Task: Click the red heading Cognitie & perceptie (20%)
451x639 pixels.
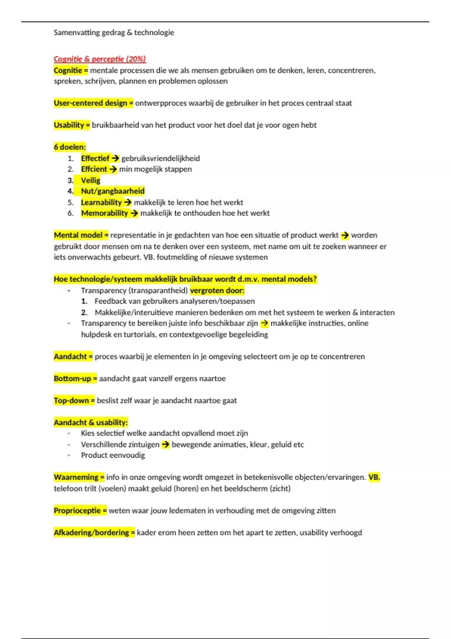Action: (100, 59)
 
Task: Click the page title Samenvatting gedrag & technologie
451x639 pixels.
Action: (114, 33)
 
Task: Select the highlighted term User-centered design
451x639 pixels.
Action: (91, 103)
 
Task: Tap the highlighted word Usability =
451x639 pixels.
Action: (72, 125)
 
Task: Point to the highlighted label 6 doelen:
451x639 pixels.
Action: (70, 147)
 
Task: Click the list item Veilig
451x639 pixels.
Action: (91, 180)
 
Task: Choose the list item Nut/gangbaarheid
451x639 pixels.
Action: (113, 191)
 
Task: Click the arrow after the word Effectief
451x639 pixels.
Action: (115, 158)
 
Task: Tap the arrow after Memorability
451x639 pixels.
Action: (134, 213)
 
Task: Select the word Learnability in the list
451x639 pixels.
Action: (101, 202)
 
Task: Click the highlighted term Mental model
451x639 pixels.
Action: (78, 235)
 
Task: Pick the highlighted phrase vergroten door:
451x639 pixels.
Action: (217, 291)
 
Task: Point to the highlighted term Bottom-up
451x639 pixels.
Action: (73, 379)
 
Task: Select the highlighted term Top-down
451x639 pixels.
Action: (71, 401)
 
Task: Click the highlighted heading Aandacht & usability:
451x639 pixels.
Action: (91, 422)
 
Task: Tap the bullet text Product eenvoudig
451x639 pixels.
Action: (113, 455)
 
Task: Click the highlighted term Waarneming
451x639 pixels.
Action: (76, 477)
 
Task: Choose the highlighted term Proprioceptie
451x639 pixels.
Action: (77, 511)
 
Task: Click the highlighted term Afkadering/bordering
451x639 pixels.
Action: (91, 533)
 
